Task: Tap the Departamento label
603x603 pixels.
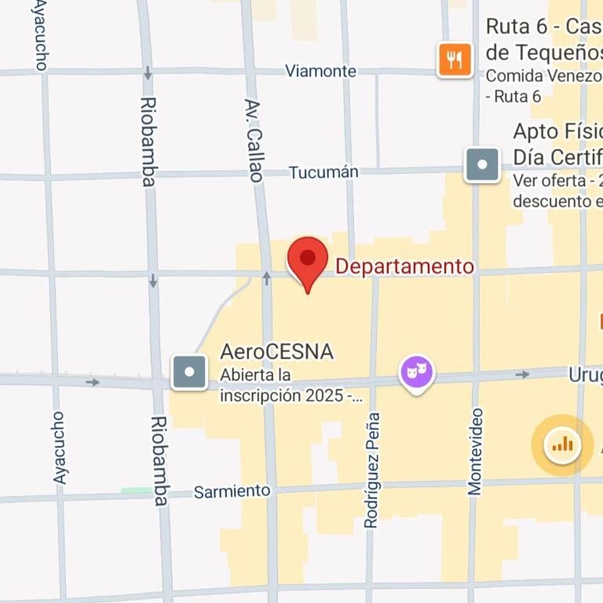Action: tap(404, 267)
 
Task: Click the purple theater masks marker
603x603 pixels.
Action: tap(416, 371)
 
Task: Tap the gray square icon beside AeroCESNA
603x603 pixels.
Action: tap(190, 372)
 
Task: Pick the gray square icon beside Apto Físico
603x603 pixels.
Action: tap(482, 165)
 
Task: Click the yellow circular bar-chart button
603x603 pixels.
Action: tap(562, 445)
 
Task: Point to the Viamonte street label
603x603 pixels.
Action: tap(320, 71)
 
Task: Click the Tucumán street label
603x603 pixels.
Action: tap(323, 172)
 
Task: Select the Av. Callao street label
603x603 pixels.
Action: tap(253, 141)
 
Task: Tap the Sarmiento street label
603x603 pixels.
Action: tap(232, 492)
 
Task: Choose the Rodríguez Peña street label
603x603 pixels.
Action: tap(372, 470)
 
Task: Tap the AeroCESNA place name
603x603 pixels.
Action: tap(276, 352)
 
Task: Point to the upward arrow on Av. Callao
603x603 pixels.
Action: tap(266, 278)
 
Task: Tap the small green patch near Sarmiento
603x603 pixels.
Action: tap(136, 491)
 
